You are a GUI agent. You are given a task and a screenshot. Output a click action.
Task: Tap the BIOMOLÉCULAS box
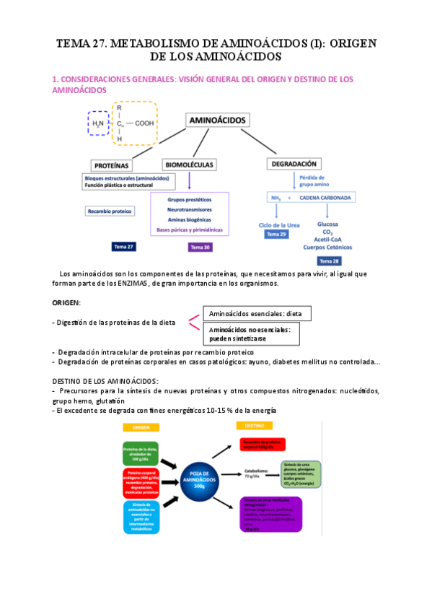pyautogui.click(x=189, y=164)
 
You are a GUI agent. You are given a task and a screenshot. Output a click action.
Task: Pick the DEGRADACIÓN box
pyautogui.click(x=294, y=164)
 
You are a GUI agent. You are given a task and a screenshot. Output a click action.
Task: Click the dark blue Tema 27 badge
pyautogui.click(x=123, y=246)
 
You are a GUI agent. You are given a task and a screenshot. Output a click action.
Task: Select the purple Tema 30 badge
pyautogui.click(x=200, y=247)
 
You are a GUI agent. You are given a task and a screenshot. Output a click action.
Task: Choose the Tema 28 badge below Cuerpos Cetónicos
pyautogui.click(x=329, y=260)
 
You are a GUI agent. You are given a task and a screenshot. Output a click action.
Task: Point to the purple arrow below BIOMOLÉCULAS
pyautogui.click(x=189, y=180)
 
